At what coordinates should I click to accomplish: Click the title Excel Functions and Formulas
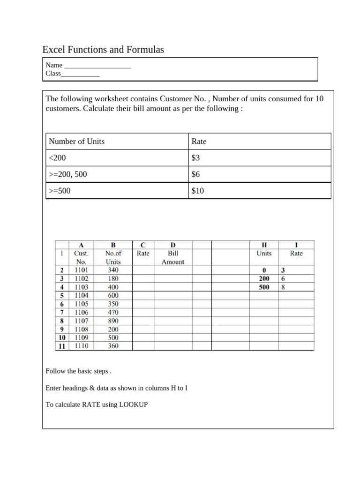[x=103, y=49]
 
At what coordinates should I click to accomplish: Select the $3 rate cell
[x=196, y=158]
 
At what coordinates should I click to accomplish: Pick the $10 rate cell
[x=198, y=191]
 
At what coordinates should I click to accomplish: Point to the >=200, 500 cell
[x=68, y=174]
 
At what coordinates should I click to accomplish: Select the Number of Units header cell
[x=77, y=141]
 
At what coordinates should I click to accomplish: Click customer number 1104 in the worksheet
[x=81, y=295]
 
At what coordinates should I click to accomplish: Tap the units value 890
[x=113, y=321]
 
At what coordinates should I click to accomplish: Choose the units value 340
[x=113, y=270]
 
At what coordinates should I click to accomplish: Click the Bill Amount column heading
[x=172, y=257]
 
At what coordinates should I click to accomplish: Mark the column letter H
[x=264, y=245]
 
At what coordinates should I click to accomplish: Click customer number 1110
[x=81, y=346]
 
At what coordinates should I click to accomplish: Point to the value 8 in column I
[x=283, y=287]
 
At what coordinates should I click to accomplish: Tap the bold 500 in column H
[x=264, y=287]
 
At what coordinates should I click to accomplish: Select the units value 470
[x=113, y=312]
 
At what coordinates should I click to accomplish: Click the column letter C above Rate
[x=143, y=245]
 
